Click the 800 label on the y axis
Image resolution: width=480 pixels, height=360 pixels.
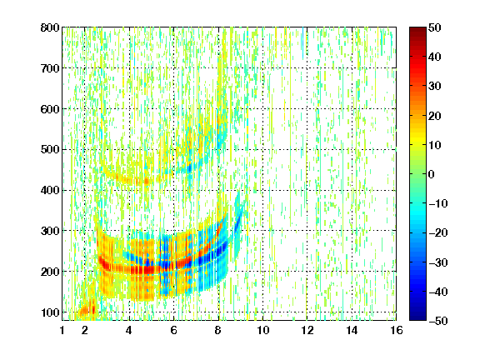[x=50, y=27]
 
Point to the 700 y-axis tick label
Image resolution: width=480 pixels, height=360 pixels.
[x=50, y=68]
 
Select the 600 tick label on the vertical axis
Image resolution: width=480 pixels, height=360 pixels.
[x=50, y=109]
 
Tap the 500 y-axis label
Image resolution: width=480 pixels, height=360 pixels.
[x=50, y=150]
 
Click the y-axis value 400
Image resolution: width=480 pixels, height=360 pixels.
[x=50, y=190]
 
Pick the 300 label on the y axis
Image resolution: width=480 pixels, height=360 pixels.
[x=50, y=231]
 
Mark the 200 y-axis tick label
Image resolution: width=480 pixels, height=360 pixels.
[x=50, y=272]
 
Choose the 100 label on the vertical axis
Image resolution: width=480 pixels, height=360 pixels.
[x=50, y=312]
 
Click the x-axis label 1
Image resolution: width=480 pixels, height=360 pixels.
[x=62, y=330]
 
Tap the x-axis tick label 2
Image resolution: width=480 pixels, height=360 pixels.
[x=85, y=330]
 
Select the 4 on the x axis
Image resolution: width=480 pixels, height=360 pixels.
[x=129, y=330]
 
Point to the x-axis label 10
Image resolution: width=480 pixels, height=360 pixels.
[x=262, y=330]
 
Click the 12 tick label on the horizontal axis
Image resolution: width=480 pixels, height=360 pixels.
[x=307, y=330]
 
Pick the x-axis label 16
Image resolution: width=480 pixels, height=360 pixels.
[x=397, y=330]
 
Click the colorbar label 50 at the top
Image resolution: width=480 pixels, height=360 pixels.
[x=434, y=27]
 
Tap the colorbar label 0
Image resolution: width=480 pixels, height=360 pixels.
[x=432, y=174]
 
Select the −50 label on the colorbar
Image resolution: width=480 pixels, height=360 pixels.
[x=438, y=321]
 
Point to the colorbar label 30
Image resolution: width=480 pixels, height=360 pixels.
[x=434, y=87]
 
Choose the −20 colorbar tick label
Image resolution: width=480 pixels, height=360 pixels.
[x=438, y=233]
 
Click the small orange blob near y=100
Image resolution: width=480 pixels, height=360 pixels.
[x=87, y=309]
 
